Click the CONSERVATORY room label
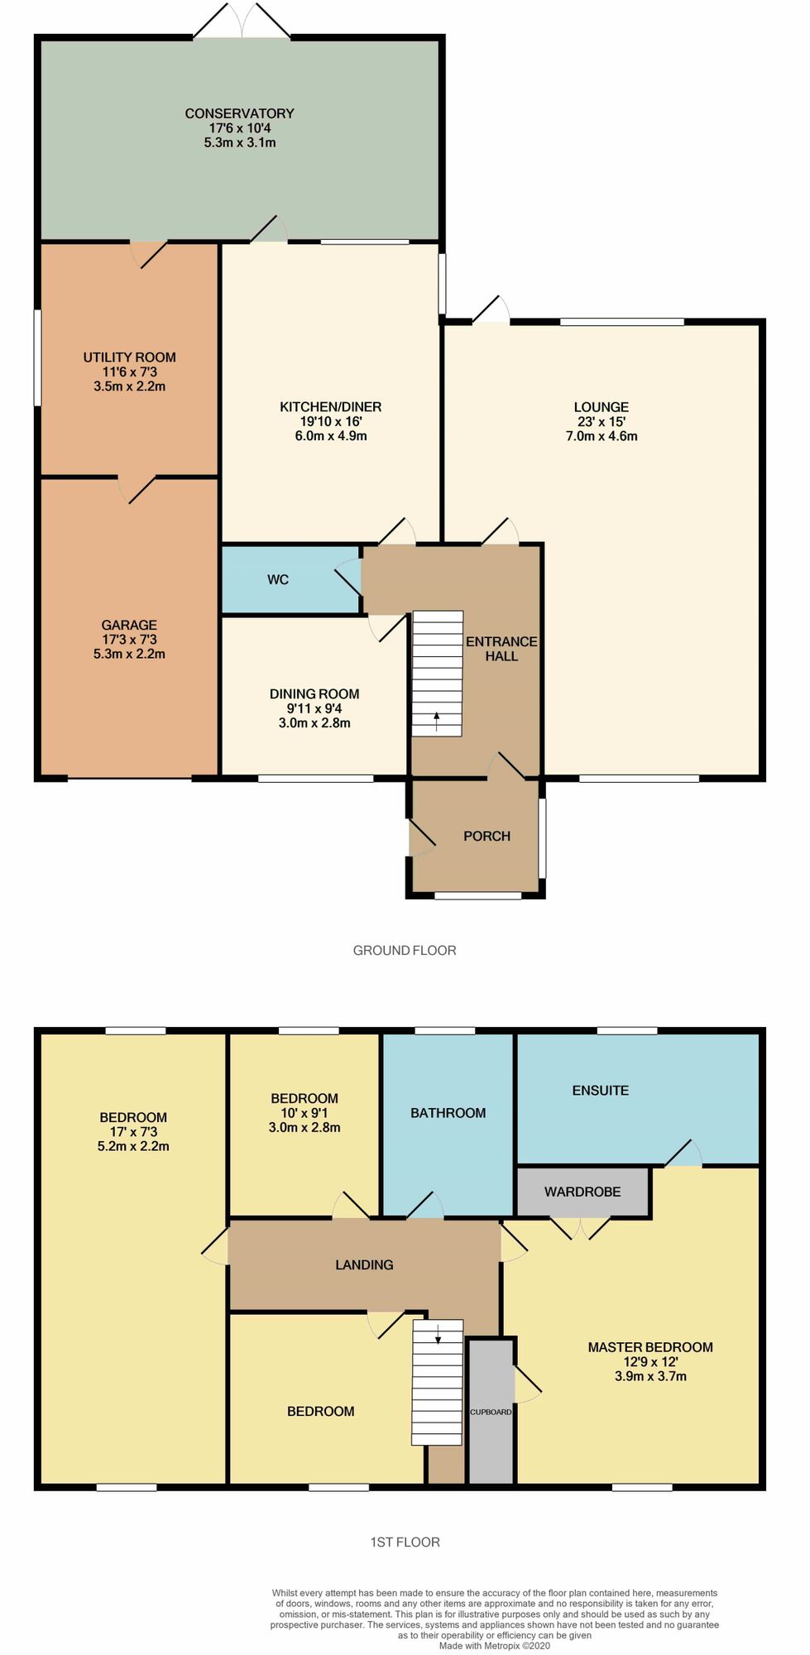coord(239,113)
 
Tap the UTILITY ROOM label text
coord(129,357)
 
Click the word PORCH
coord(486,837)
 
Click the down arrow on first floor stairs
coord(438,1333)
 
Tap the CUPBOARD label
coord(491,1412)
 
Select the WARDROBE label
coord(582,1192)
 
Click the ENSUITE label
coord(601,1091)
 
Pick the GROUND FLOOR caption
coord(405,951)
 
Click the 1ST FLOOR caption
coord(405,1542)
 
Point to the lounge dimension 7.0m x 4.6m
coord(602,436)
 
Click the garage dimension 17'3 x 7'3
coord(129,640)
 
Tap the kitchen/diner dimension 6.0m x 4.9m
coord(331,436)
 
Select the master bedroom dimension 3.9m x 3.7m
coord(650,1376)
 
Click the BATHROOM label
coord(448,1113)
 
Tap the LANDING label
coord(364,1265)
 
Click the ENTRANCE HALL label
coord(501,649)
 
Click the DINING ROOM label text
coord(314,694)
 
